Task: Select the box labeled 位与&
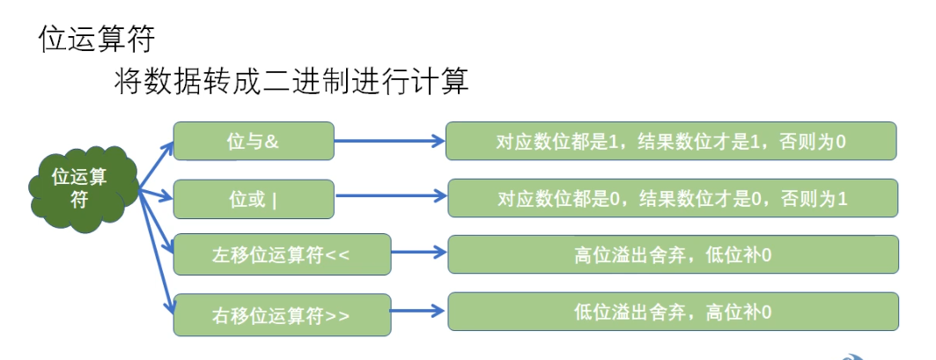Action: tap(254, 141)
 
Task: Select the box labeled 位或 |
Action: tap(254, 199)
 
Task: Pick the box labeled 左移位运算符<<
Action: tap(282, 255)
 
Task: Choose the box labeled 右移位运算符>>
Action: tap(282, 314)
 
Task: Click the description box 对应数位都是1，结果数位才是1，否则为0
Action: tap(671, 141)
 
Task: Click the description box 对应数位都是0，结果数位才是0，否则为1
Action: tap(673, 198)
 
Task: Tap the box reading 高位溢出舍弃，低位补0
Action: tap(673, 254)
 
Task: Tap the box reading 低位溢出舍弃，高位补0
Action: tap(673, 312)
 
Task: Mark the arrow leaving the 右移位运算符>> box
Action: tap(418, 311)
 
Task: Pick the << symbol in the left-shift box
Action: tap(339, 255)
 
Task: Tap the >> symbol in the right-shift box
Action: tap(338, 314)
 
